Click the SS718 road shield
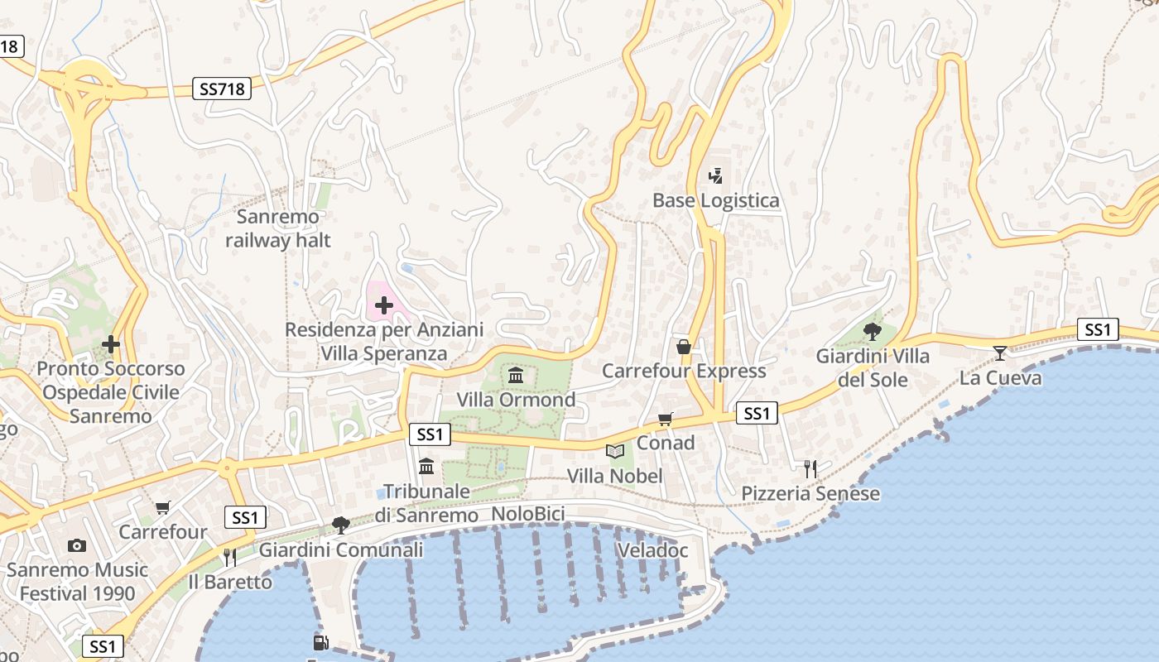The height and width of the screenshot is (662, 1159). tap(223, 89)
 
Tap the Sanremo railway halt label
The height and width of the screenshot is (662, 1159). tap(277, 229)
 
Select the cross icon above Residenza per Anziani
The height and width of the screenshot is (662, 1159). tap(383, 306)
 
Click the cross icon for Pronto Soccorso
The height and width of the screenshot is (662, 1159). tap(111, 343)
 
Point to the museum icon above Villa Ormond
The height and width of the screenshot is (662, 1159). tap(516, 376)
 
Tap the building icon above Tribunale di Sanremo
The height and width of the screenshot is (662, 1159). tap(426, 467)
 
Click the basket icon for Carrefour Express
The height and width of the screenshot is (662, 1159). tap(684, 346)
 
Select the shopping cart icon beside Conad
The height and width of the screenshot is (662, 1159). tap(666, 420)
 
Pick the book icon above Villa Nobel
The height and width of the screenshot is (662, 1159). tap(614, 451)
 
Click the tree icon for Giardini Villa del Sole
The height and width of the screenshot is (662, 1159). tap(872, 332)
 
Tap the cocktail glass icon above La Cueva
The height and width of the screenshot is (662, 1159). tap(1000, 353)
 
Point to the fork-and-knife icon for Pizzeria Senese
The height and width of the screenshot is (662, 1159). tap(810, 469)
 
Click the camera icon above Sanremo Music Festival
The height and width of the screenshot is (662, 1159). tap(77, 545)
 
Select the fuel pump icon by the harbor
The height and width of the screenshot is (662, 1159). tap(320, 642)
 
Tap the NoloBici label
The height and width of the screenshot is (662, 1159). tap(528, 515)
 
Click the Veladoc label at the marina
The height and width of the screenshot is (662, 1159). tap(652, 550)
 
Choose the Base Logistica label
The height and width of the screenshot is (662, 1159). tap(716, 200)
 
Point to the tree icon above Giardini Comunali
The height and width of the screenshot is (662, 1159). tap(340, 525)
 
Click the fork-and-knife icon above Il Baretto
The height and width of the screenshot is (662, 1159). tap(229, 558)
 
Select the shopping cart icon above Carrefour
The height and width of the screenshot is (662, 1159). tap(162, 507)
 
